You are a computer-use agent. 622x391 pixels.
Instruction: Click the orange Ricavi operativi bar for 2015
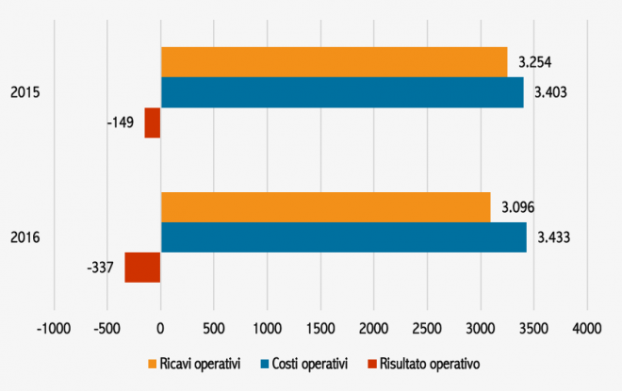[x=335, y=62]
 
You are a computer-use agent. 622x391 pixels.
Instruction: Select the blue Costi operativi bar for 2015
[x=342, y=92]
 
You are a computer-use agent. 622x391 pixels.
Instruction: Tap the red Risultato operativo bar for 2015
[x=153, y=122]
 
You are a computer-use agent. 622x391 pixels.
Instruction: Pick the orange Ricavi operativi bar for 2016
[x=326, y=207]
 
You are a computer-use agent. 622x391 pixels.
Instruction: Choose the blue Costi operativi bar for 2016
[x=344, y=237]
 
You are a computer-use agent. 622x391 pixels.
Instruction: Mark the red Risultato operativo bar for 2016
[x=142, y=268]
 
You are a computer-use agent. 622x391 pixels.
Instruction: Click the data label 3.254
[x=534, y=63]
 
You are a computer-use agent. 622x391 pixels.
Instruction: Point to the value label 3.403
[x=550, y=93]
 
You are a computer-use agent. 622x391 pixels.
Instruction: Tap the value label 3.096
[x=517, y=207]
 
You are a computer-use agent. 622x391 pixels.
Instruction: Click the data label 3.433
[x=554, y=237]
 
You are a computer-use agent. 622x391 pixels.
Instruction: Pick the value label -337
[x=102, y=268]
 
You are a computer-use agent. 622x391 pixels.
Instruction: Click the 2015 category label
[x=24, y=92]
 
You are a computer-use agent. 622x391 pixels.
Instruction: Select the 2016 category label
[x=24, y=237]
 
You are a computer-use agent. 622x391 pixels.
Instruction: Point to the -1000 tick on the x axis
[x=54, y=329]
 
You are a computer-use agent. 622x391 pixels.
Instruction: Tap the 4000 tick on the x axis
[x=587, y=329]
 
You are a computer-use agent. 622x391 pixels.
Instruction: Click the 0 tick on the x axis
[x=160, y=329]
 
